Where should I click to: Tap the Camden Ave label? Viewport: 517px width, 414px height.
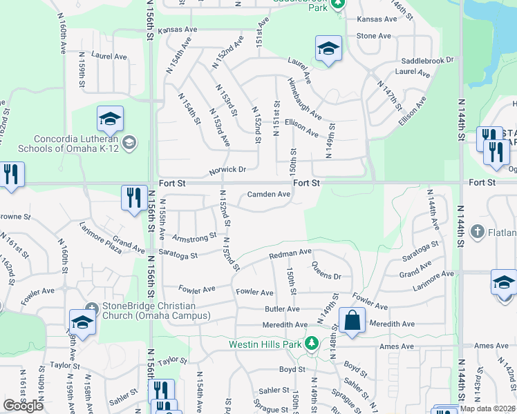point(269,195)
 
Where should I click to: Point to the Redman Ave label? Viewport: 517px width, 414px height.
point(290,254)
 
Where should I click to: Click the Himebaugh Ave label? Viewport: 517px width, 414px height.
point(305,100)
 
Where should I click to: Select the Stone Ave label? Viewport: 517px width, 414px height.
point(373,36)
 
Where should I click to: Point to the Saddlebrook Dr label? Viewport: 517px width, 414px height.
point(430,60)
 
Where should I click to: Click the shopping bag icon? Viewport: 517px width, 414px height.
point(352,319)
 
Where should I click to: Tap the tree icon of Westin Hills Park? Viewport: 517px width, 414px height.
point(312,342)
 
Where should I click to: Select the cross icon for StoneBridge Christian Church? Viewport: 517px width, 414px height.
point(91,306)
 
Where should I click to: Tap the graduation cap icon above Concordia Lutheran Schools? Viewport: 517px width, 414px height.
point(110,119)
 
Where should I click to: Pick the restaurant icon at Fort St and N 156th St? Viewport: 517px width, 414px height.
point(132,196)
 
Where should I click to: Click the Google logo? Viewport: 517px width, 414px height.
point(23,406)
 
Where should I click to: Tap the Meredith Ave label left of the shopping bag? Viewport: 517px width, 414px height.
point(285,324)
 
